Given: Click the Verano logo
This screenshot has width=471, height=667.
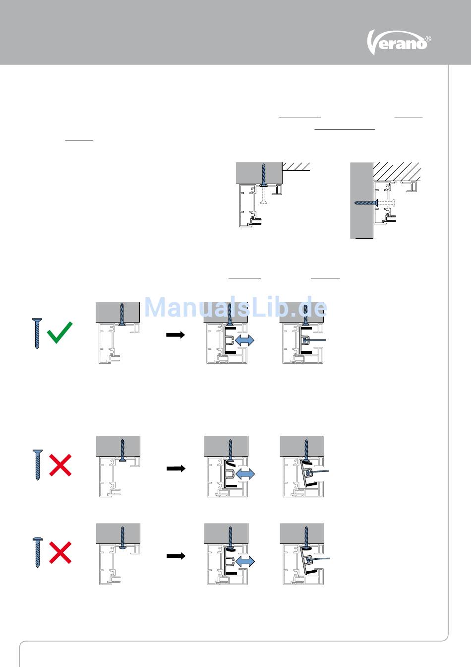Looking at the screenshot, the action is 399,43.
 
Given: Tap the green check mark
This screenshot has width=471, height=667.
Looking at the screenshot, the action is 60,333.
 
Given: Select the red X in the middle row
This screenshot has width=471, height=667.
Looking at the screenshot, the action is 60,465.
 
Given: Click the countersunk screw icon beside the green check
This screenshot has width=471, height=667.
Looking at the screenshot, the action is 37,333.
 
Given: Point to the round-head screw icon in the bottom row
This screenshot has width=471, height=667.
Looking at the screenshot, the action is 38,553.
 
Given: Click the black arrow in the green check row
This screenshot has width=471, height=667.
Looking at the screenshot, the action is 176,334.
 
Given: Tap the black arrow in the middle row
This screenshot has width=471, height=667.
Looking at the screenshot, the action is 176,468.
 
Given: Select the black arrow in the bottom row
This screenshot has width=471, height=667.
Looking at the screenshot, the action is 176,556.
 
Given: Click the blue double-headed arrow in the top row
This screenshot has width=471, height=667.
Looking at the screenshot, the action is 244,340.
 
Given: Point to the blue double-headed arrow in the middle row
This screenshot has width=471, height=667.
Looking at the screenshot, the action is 245,474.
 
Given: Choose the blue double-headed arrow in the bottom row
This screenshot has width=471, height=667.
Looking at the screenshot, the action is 245,561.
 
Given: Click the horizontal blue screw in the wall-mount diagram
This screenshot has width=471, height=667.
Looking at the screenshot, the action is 366,203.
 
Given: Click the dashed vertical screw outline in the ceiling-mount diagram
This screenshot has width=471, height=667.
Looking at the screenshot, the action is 263,196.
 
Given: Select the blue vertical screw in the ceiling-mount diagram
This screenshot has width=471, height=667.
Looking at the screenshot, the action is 263,175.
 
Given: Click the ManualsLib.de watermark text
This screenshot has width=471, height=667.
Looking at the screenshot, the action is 235,307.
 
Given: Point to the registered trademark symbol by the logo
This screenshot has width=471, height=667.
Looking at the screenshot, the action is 428,38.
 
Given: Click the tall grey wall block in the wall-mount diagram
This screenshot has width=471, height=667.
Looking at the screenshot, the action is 361,200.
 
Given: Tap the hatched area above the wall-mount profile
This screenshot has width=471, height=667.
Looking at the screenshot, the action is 397,172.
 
